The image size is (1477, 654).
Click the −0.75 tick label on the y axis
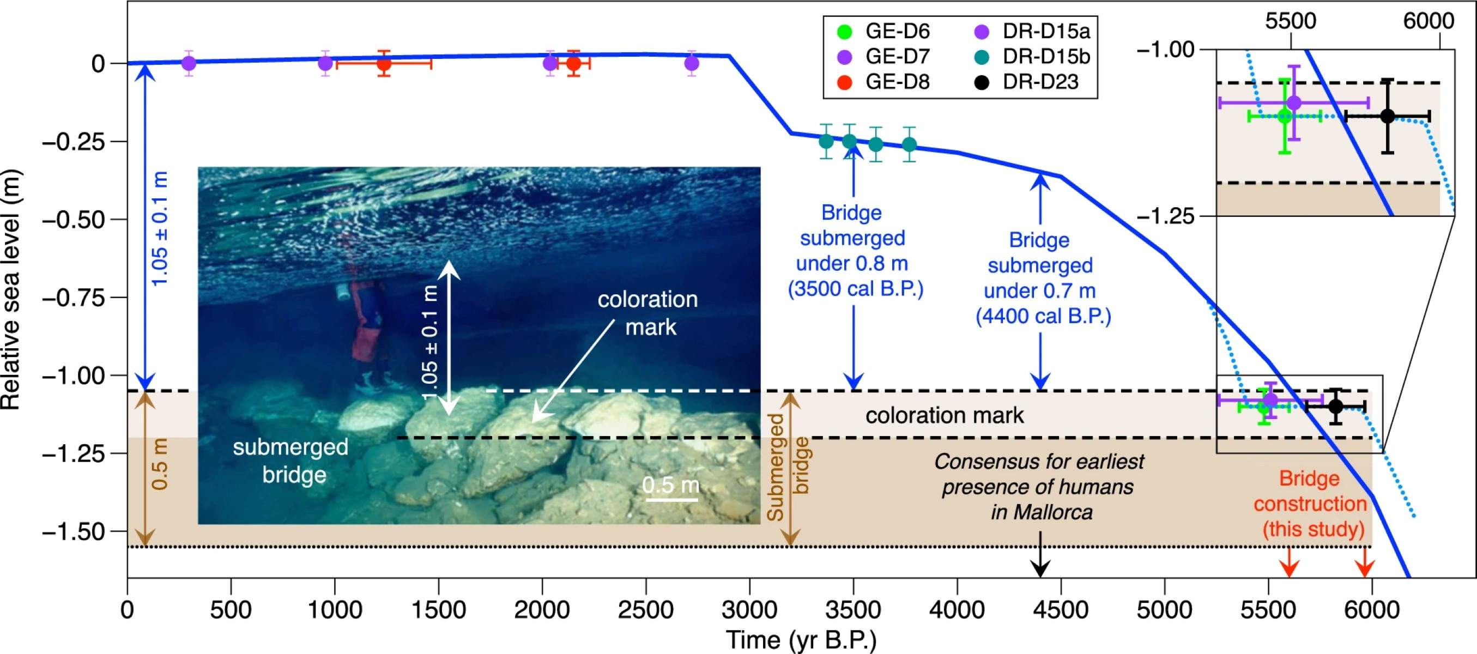[74, 298]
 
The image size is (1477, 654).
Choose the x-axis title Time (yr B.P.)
[802, 640]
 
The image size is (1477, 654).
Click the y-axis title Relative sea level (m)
[11, 289]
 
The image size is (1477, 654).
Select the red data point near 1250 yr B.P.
[384, 63]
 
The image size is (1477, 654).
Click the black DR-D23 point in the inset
[1387, 116]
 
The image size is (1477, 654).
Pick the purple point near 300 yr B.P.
[189, 63]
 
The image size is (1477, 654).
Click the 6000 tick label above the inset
[1428, 21]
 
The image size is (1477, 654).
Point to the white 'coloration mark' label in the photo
[649, 313]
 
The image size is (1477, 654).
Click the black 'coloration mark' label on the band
[945, 415]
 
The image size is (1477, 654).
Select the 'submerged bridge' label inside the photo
[290, 461]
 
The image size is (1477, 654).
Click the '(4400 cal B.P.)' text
[1043, 317]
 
